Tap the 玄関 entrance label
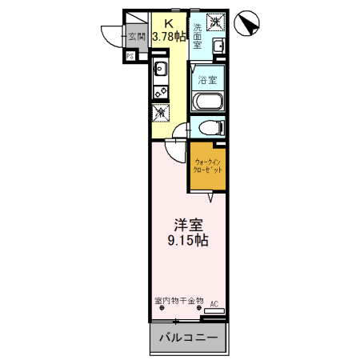pos(138,35)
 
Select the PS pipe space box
pos(130,56)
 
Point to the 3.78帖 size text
pos(170,36)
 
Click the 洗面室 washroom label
pos(198,36)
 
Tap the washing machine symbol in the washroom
pos(215,22)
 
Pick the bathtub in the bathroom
pos(208,102)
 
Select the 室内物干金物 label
pos(179,302)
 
